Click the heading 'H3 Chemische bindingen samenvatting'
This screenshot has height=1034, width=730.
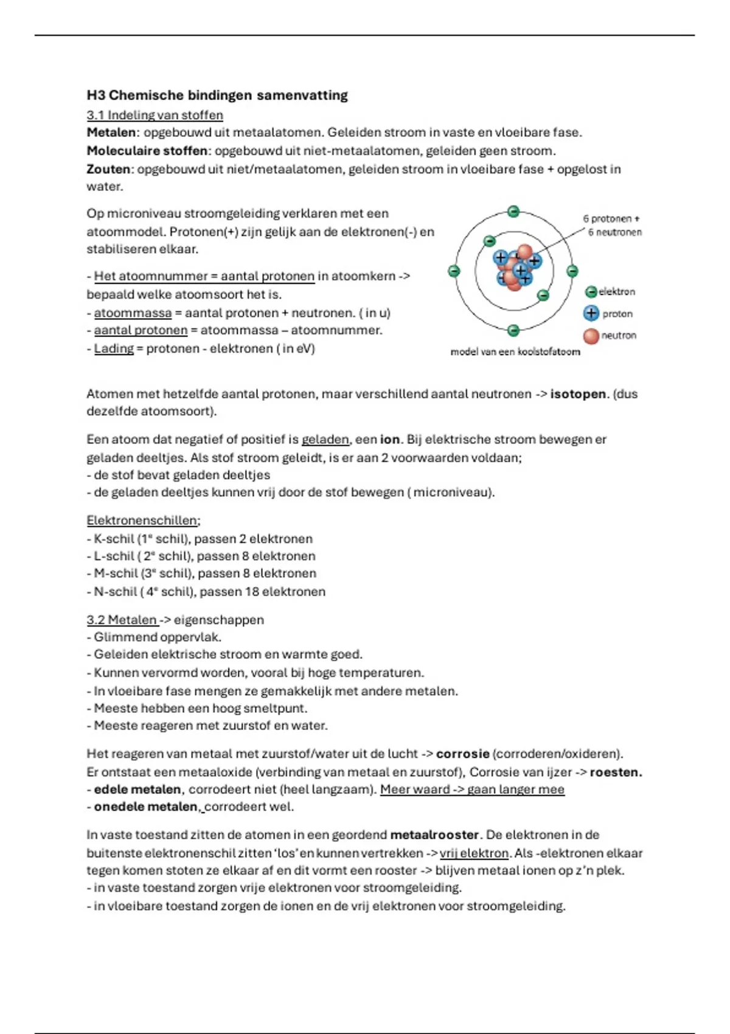(x=217, y=95)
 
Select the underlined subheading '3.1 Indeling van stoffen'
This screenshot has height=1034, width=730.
(x=155, y=115)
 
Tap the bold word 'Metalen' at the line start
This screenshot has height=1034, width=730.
(x=111, y=133)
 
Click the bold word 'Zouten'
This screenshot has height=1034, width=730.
(x=108, y=169)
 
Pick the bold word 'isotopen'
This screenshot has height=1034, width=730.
(x=578, y=394)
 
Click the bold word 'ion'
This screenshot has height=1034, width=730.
(x=389, y=439)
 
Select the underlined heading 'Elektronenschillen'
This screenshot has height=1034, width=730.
(x=142, y=521)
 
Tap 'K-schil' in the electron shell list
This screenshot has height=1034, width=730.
(x=114, y=539)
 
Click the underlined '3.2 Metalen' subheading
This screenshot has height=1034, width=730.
(x=122, y=620)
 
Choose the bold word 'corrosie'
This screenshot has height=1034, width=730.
(x=462, y=754)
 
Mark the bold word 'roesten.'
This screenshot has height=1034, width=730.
(x=616, y=772)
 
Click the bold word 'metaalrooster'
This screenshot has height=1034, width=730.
(x=434, y=834)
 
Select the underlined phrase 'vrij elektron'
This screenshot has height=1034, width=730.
(x=474, y=853)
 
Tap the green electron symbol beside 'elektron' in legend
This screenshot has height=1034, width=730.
(x=591, y=292)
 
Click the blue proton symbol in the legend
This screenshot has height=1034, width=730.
(x=591, y=313)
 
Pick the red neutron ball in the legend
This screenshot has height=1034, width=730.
(x=591, y=336)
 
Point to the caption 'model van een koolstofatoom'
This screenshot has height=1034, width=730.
(x=515, y=352)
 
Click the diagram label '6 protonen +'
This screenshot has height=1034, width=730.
(x=611, y=218)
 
